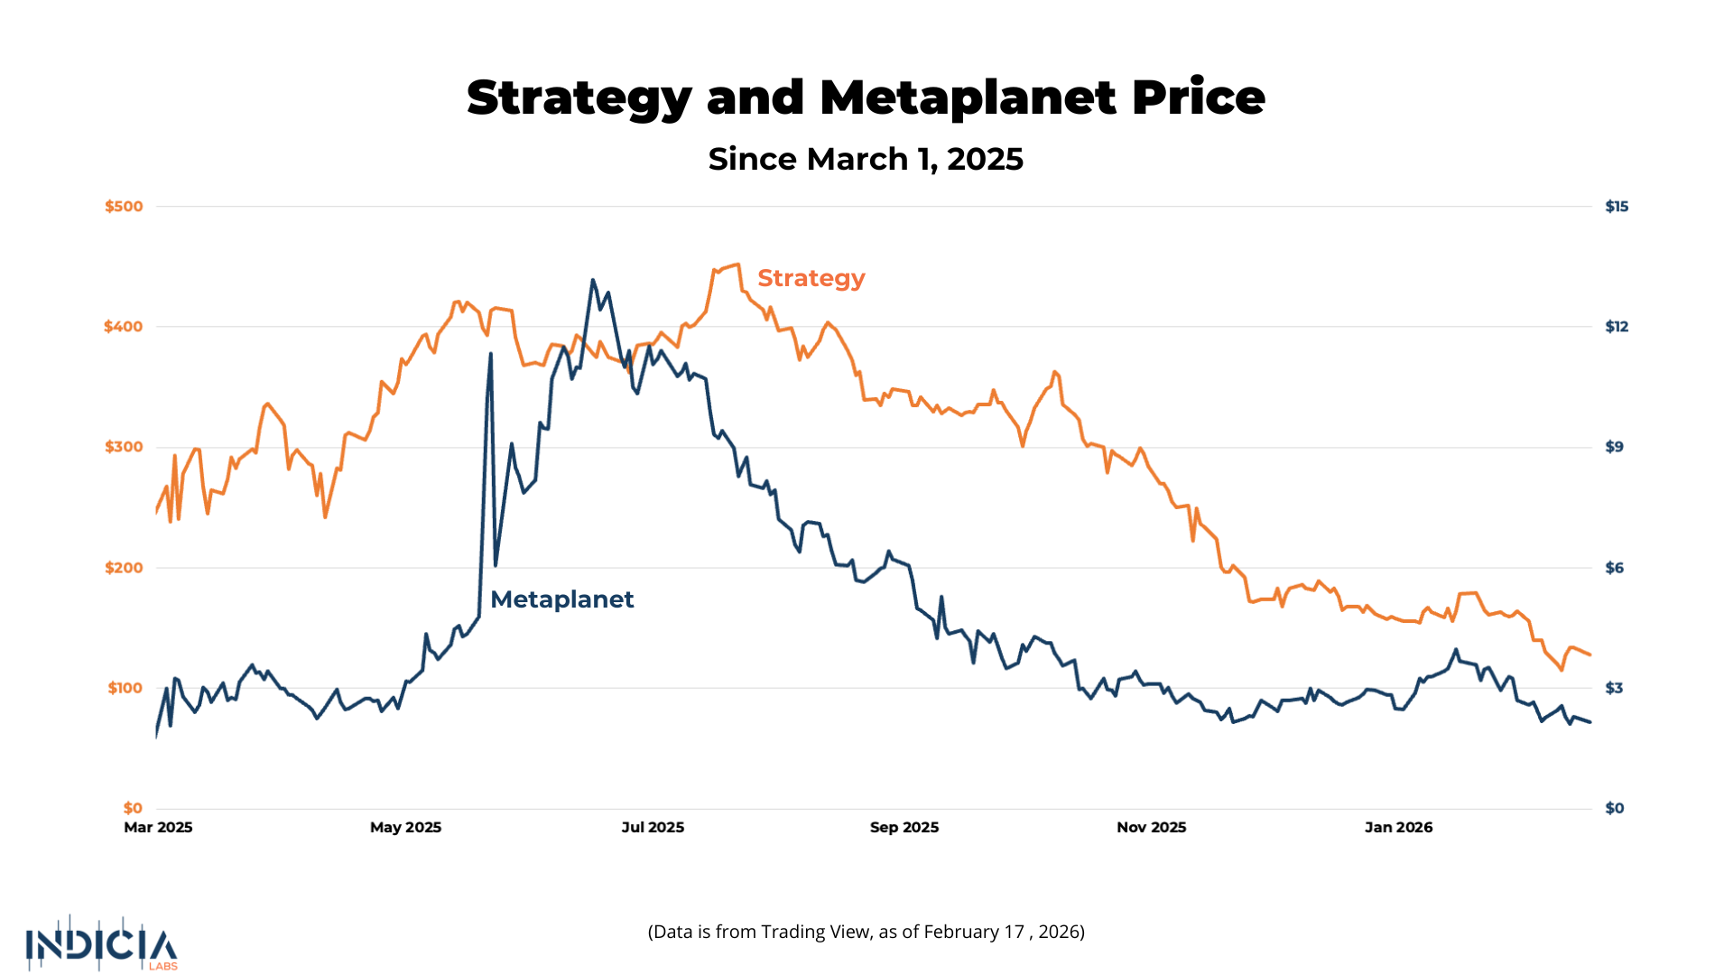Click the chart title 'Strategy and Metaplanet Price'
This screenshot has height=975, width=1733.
tap(866, 97)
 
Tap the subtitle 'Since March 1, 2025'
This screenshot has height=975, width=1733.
tap(866, 159)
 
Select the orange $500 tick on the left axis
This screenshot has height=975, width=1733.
tap(124, 207)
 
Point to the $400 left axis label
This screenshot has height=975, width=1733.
tap(124, 327)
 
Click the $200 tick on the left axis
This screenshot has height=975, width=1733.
tap(124, 568)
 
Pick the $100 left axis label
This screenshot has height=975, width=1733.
tap(125, 688)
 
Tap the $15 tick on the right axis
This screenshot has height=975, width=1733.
tap(1617, 207)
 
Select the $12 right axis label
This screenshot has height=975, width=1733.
tap(1617, 327)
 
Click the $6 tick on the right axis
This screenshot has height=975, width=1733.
tap(1615, 568)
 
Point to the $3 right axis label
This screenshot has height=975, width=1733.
tap(1615, 688)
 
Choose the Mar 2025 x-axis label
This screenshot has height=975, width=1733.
tap(158, 827)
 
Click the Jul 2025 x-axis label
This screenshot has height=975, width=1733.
tap(653, 827)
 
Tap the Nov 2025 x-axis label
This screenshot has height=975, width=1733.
tap(1151, 827)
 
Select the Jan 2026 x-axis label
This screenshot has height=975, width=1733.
tap(1398, 827)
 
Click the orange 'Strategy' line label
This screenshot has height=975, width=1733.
tap(811, 278)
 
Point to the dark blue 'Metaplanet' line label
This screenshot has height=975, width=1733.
tap(561, 599)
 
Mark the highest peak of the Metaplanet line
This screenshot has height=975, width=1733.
tap(593, 280)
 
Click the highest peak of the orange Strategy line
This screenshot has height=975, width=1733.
tap(738, 265)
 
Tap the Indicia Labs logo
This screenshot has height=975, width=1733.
tap(101, 945)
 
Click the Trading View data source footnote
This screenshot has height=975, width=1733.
tap(866, 932)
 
